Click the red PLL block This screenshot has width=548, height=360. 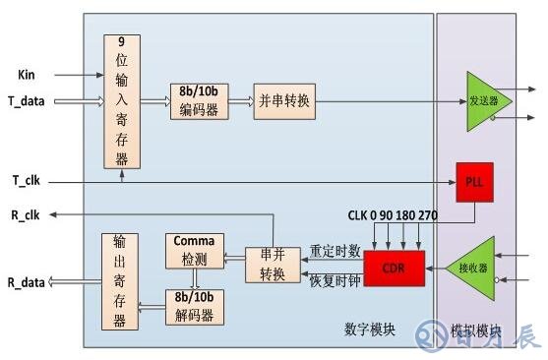(474, 181)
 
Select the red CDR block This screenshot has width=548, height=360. (395, 267)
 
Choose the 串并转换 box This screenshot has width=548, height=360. (272, 264)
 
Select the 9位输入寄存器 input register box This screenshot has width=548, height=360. (122, 101)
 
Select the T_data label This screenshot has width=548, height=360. (29, 100)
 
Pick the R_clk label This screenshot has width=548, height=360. (25, 215)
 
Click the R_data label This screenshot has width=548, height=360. (28, 282)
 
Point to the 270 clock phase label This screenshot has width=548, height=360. (426, 215)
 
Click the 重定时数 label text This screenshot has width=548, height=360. (335, 252)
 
